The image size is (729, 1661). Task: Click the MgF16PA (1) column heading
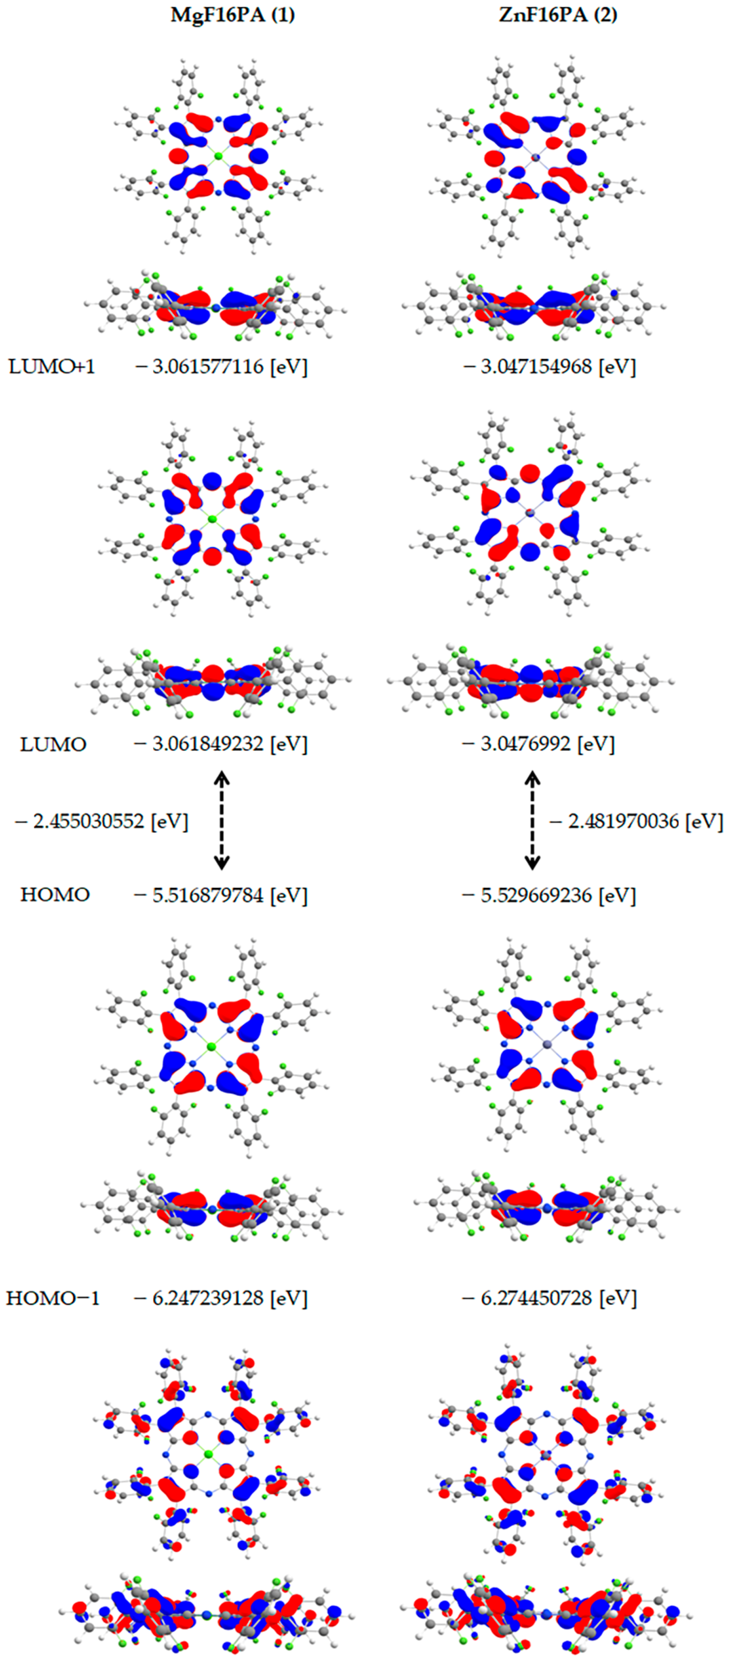[x=232, y=14]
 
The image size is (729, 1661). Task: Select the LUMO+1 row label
[x=52, y=366]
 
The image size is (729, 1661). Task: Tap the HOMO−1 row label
[x=53, y=1298]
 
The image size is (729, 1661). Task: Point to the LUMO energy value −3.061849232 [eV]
[x=221, y=744]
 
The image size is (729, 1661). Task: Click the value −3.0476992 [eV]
[x=538, y=744]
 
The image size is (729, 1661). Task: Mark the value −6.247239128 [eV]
[x=221, y=1298]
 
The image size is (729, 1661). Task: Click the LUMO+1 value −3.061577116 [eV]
[x=221, y=366]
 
